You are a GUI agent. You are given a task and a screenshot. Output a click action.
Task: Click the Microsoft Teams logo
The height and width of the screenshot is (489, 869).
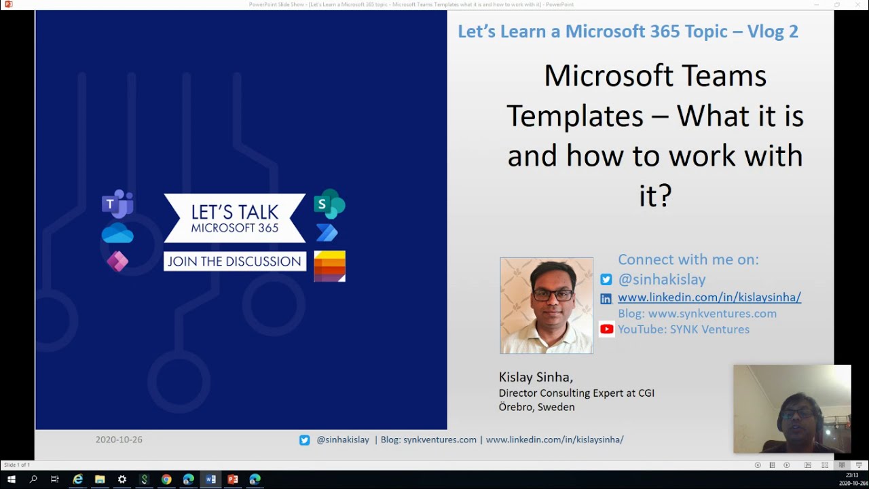pyautogui.click(x=117, y=204)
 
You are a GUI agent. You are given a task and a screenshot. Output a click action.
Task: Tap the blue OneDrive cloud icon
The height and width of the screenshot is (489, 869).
pyautogui.click(x=117, y=234)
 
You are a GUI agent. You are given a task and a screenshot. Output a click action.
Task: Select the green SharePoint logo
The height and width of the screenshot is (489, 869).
pyautogui.click(x=329, y=204)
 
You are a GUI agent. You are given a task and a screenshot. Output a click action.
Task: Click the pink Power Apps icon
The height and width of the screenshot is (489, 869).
pyautogui.click(x=117, y=261)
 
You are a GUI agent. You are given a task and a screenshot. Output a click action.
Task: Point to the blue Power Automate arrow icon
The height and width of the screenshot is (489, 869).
pyautogui.click(x=327, y=233)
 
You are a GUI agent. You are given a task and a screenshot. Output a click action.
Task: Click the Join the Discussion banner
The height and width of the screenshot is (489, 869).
pyautogui.click(x=234, y=261)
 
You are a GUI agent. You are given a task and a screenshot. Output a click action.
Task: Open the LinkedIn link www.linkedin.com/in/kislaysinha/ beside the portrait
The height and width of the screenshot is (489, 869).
pyautogui.click(x=709, y=297)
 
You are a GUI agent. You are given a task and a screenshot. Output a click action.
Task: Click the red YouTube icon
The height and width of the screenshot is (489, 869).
pyautogui.click(x=606, y=329)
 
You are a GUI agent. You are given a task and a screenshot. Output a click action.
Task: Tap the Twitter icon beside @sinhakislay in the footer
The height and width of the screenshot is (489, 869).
pyautogui.click(x=305, y=440)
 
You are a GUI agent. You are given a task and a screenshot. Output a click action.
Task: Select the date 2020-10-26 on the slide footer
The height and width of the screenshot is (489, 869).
pyautogui.click(x=119, y=439)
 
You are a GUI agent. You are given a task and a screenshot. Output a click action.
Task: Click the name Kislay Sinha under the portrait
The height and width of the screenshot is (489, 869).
pyautogui.click(x=536, y=377)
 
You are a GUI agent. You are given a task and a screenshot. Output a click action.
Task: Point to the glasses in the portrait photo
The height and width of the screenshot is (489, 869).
pyautogui.click(x=553, y=295)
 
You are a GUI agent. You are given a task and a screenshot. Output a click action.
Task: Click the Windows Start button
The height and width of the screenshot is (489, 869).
pyautogui.click(x=11, y=479)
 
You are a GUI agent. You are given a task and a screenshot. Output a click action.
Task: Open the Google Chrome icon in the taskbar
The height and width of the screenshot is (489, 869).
pyautogui.click(x=166, y=479)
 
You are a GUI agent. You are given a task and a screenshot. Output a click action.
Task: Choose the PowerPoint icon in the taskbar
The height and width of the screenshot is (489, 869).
pyautogui.click(x=233, y=479)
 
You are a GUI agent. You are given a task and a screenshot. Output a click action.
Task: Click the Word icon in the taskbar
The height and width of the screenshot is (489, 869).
pyautogui.click(x=210, y=479)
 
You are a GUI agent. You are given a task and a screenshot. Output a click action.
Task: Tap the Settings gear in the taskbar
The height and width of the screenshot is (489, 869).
pyautogui.click(x=122, y=479)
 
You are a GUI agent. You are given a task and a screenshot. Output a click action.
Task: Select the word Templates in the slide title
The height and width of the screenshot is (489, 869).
pyautogui.click(x=574, y=115)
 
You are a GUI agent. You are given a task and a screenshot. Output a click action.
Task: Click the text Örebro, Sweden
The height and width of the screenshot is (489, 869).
pyautogui.click(x=536, y=407)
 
